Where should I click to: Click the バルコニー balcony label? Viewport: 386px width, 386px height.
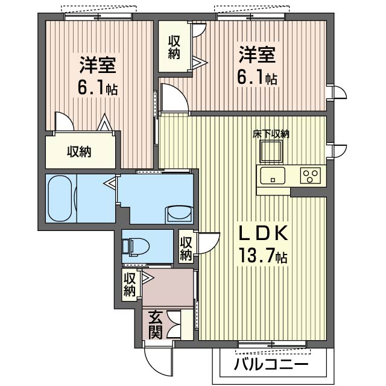[271, 364]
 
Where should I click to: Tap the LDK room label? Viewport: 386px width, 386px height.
[264, 233]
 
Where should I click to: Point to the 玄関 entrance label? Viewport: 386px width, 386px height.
[156, 325]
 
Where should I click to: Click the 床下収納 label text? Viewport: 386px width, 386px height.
[271, 134]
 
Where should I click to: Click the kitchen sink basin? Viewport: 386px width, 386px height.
[273, 176]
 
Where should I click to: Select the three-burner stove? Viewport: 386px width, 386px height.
[310, 176]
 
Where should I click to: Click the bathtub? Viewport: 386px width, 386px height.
[60, 198]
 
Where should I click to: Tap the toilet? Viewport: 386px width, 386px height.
[135, 247]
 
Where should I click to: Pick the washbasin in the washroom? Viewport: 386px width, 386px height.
[179, 213]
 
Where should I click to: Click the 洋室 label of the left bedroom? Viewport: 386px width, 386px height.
[98, 65]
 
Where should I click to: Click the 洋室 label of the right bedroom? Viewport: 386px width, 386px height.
[258, 55]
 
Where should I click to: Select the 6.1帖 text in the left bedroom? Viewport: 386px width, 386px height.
[98, 88]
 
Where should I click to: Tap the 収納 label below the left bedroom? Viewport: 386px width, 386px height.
[79, 151]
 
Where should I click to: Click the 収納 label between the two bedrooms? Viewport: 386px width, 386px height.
[174, 48]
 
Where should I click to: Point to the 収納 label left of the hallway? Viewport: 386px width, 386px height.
[130, 285]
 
